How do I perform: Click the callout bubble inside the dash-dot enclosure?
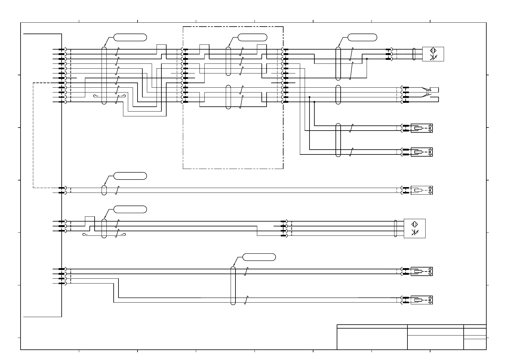(252, 37)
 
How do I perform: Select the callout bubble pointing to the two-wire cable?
(130, 176)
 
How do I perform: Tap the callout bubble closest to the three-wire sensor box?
(362, 37)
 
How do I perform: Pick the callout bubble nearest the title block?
(259, 257)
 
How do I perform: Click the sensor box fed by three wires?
(433, 54)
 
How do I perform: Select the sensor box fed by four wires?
(414, 229)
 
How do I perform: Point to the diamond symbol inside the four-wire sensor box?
(415, 224)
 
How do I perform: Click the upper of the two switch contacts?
(426, 89)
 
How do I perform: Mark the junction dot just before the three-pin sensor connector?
(367, 59)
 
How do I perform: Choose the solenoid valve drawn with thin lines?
(422, 190)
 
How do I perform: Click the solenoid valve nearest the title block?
(422, 300)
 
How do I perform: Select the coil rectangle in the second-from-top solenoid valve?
(418, 152)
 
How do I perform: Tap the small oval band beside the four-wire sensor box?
(396, 229)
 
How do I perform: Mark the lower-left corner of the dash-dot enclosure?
(183, 169)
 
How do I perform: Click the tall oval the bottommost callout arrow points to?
(233, 286)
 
